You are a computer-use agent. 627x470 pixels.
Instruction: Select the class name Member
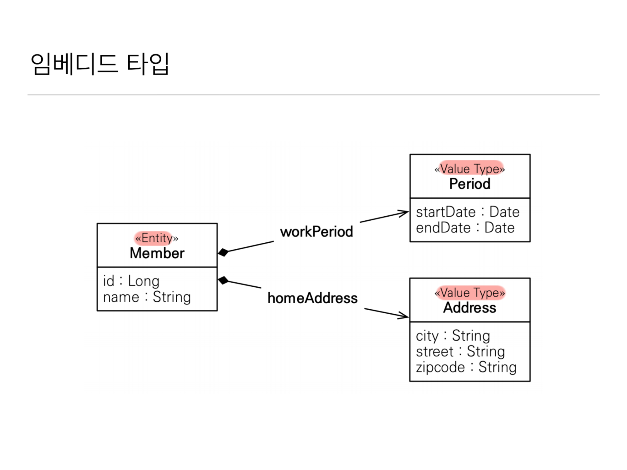tap(157, 253)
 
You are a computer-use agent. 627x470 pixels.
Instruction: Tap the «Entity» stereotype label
tap(156, 238)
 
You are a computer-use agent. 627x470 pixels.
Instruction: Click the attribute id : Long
tap(131, 281)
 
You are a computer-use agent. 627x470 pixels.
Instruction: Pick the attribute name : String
tap(147, 297)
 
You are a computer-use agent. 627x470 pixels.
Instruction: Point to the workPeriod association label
tap(316, 232)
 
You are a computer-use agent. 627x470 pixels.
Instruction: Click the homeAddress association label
tap(312, 298)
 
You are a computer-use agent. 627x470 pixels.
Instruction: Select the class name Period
tap(470, 184)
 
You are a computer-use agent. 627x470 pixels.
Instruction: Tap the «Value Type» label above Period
tap(470, 169)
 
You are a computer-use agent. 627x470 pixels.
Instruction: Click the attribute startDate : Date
tap(467, 212)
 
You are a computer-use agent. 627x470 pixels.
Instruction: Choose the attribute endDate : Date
tap(465, 228)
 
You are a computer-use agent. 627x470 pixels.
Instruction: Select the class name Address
tap(470, 308)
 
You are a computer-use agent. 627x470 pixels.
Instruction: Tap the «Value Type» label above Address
tap(470, 293)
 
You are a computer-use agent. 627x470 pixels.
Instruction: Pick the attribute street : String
tap(460, 351)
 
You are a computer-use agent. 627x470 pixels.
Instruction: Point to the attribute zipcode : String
tap(466, 367)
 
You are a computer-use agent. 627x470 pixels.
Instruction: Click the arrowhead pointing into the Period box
tap(404, 213)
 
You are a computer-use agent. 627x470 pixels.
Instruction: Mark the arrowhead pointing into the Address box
tap(404, 315)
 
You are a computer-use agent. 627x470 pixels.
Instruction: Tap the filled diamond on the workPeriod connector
tap(223, 252)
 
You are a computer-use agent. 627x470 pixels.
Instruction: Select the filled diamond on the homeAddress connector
tap(223, 280)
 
